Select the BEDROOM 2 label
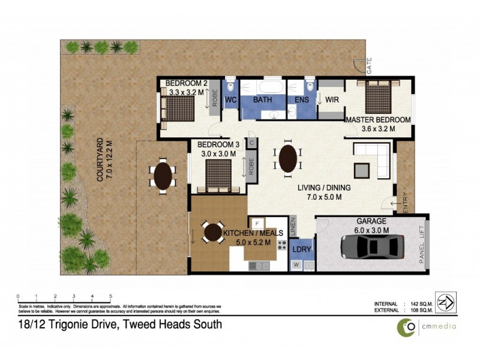pos(185,83)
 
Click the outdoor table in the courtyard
pos(163,176)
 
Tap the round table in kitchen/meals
pos(213,232)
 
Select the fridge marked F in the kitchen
pos(253,223)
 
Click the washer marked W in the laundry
pos(296,265)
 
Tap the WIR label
pos(332,100)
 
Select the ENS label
pos(301,100)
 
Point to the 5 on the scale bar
pos(110,296)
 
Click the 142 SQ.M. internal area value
pos(416,304)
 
